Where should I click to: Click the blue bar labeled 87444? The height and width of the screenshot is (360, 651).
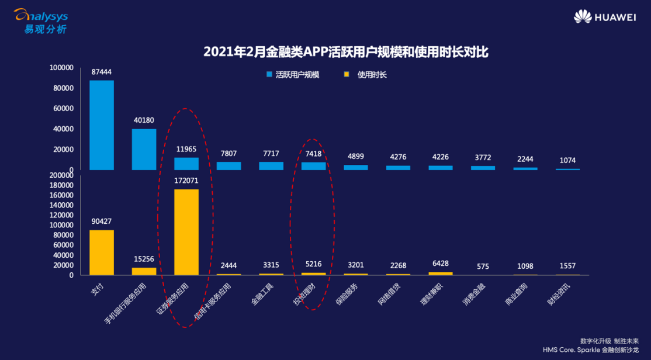[x=101, y=125]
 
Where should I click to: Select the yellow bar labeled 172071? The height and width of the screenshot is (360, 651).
[x=186, y=232]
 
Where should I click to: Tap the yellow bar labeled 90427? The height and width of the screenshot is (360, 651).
[x=101, y=252]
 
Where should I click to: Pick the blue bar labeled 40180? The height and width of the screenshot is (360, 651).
[x=144, y=149]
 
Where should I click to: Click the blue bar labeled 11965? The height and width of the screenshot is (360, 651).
[x=186, y=164]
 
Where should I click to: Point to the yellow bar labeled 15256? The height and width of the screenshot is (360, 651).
[x=144, y=271]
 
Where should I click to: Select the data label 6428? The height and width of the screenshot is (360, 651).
[x=441, y=265]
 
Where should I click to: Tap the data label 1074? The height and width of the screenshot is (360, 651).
[x=568, y=160]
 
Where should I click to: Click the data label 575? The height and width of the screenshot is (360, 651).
[x=483, y=266]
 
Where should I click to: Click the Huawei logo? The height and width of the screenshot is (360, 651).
[x=604, y=17]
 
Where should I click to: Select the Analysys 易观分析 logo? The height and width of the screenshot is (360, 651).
[x=41, y=20]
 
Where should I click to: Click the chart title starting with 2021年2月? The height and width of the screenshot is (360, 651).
[x=345, y=52]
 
